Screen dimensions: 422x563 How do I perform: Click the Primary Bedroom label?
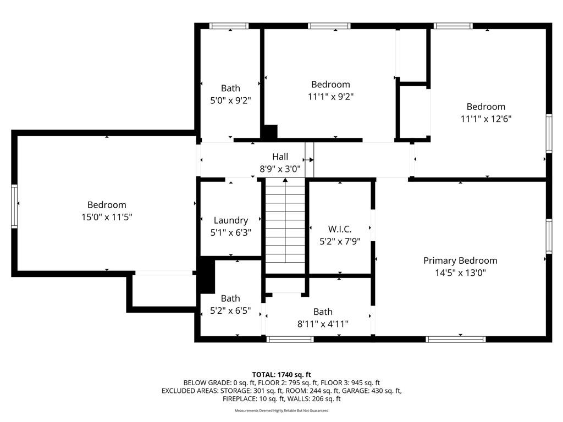point(460,260)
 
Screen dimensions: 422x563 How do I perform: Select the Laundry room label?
point(230,220)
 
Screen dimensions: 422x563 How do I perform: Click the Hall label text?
point(280,157)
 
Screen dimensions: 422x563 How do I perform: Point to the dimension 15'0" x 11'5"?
point(107,217)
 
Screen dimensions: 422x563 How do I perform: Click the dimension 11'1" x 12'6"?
point(485,119)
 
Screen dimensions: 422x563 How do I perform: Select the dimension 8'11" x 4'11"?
point(323,324)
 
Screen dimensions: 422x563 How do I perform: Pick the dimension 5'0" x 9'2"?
point(230,100)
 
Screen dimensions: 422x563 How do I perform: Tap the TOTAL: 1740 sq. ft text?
point(281,374)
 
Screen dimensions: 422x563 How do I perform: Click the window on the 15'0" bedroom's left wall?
point(15,206)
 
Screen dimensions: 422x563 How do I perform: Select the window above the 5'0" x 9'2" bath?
point(229,26)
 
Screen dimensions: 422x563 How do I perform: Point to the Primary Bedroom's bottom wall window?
point(456,339)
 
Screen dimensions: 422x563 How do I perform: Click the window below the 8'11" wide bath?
point(290,339)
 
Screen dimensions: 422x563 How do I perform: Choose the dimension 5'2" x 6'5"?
point(230,310)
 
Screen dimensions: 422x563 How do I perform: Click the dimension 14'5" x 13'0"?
point(460,273)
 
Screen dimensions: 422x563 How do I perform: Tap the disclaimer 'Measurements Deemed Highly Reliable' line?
point(281,410)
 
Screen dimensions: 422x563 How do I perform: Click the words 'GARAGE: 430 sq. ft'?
point(367,391)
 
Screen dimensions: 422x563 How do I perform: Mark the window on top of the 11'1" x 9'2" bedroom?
point(329,26)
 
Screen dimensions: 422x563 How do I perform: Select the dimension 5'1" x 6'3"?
point(230,232)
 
